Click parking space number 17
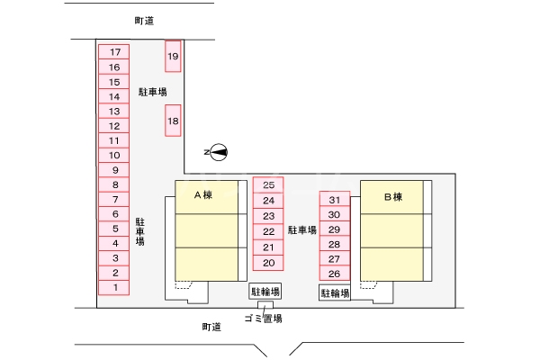click(x=114, y=52)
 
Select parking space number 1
click(x=114, y=287)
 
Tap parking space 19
click(x=174, y=57)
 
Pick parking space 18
click(x=174, y=121)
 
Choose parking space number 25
click(x=268, y=184)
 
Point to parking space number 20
click(x=268, y=263)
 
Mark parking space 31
click(x=334, y=200)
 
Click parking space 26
click(x=334, y=274)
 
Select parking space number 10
click(x=114, y=155)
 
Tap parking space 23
click(x=268, y=216)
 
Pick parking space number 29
click(x=334, y=229)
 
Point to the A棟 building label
click(x=202, y=195)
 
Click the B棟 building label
click(x=392, y=196)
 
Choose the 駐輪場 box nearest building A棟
click(x=265, y=292)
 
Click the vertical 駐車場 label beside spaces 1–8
click(x=140, y=231)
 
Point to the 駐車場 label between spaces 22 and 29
click(x=302, y=230)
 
